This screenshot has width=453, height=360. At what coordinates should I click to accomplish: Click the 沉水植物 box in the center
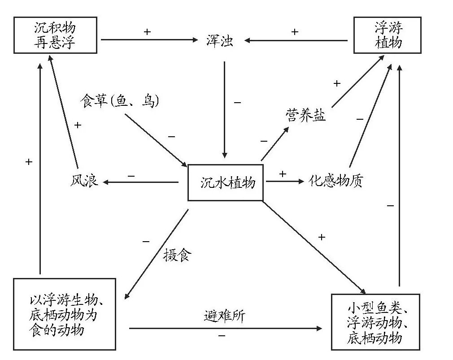coord(225,182)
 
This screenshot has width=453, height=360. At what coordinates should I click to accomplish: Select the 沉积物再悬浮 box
coord(55,35)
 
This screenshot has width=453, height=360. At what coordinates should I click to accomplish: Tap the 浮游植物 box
coord(388,35)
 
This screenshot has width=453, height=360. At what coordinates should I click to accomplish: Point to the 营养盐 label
coord(305,116)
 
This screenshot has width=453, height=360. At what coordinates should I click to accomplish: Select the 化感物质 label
coord(336,181)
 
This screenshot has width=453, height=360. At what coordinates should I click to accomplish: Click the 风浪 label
coord(84,182)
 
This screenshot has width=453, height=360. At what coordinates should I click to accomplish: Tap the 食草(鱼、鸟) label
coord(119,100)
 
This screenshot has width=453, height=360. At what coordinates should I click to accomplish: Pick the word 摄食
coord(177,256)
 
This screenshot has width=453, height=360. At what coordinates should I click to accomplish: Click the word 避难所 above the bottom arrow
coord(225,316)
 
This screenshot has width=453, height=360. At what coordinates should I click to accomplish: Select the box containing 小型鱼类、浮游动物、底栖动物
coord(375,321)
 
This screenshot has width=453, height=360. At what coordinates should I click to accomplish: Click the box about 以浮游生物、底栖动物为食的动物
coord(64,314)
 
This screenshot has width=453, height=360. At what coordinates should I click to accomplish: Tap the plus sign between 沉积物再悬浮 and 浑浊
coord(147,31)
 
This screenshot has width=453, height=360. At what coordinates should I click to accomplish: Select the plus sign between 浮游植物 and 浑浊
coord(294,31)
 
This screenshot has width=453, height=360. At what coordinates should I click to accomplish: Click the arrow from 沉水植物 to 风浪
coord(141,182)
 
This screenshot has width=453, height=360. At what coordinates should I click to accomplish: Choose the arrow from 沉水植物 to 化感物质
coord(285,182)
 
